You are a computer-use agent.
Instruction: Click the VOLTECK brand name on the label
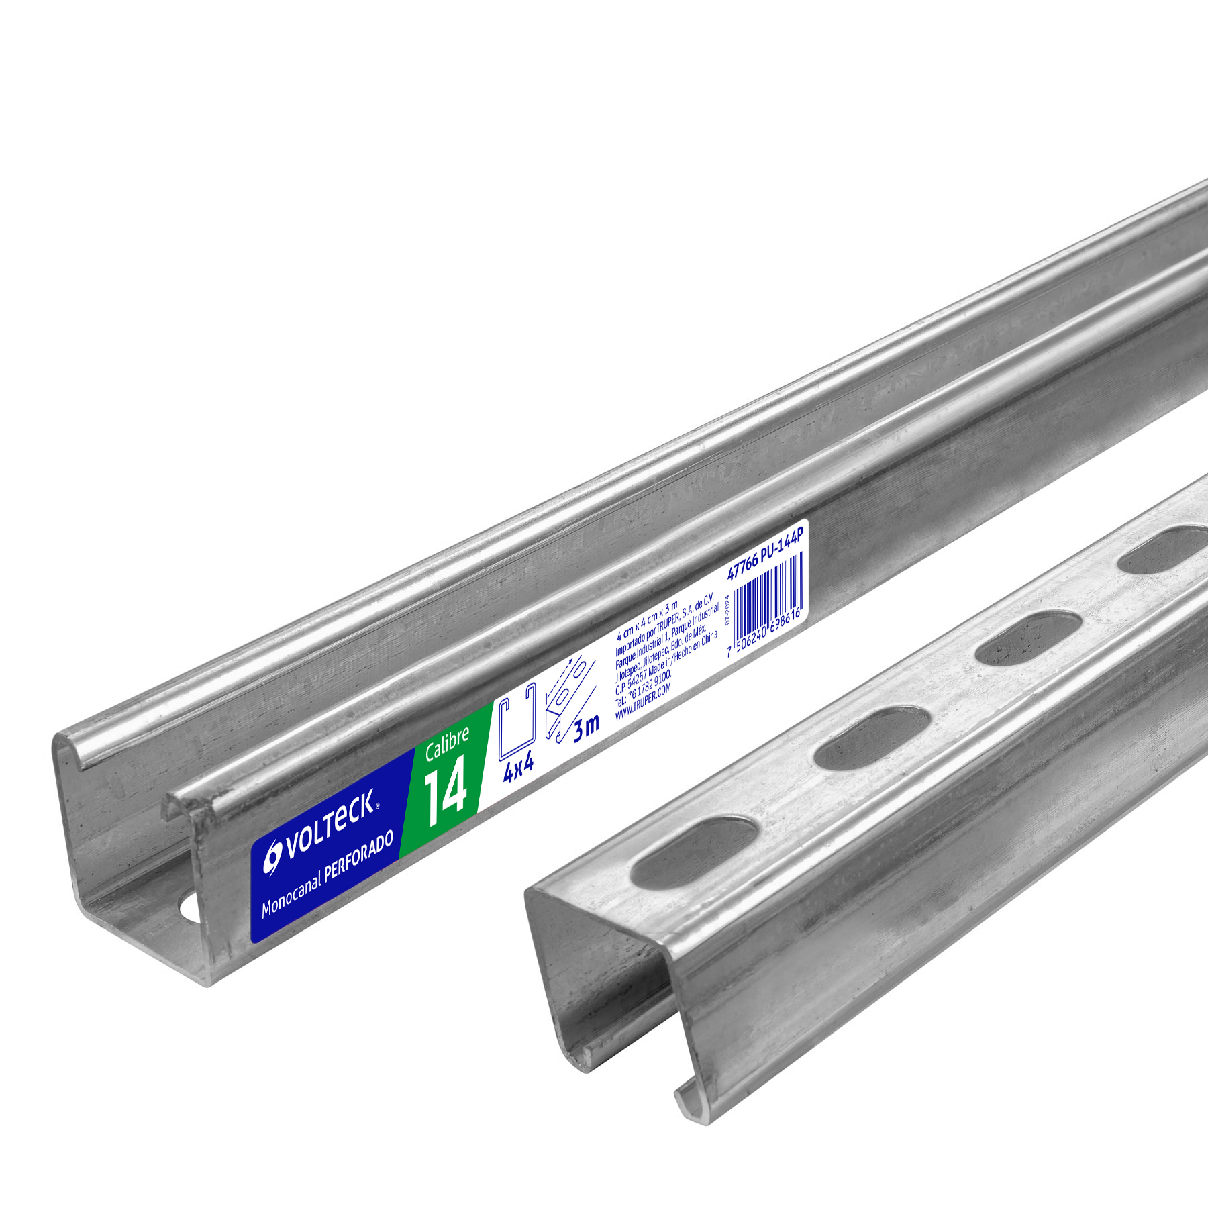pyautogui.click(x=330, y=825)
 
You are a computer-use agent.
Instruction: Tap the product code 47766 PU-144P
pyautogui.click(x=765, y=554)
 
